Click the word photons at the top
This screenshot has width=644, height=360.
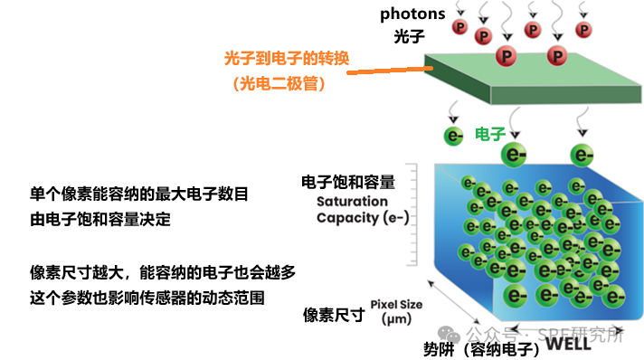[x=412, y=14]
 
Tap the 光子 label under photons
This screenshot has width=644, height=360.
[x=408, y=37]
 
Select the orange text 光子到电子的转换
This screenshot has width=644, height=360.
[x=286, y=60]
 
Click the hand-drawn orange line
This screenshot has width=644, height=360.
[x=390, y=70]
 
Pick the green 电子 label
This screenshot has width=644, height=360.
[x=489, y=134]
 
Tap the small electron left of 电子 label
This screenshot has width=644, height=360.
[x=453, y=137]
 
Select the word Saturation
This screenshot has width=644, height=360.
[x=353, y=202]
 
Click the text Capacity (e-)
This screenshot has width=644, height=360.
[x=362, y=218]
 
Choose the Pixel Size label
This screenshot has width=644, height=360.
[x=395, y=304]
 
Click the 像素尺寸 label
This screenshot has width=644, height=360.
[x=334, y=315]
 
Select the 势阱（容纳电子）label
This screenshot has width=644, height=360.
[x=484, y=347]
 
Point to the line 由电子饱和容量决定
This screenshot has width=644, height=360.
[x=100, y=219]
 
